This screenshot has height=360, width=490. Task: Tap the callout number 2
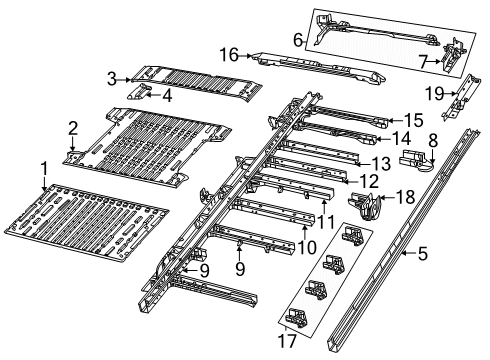[x=72, y=127]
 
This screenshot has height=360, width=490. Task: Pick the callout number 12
[x=341, y=181]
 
